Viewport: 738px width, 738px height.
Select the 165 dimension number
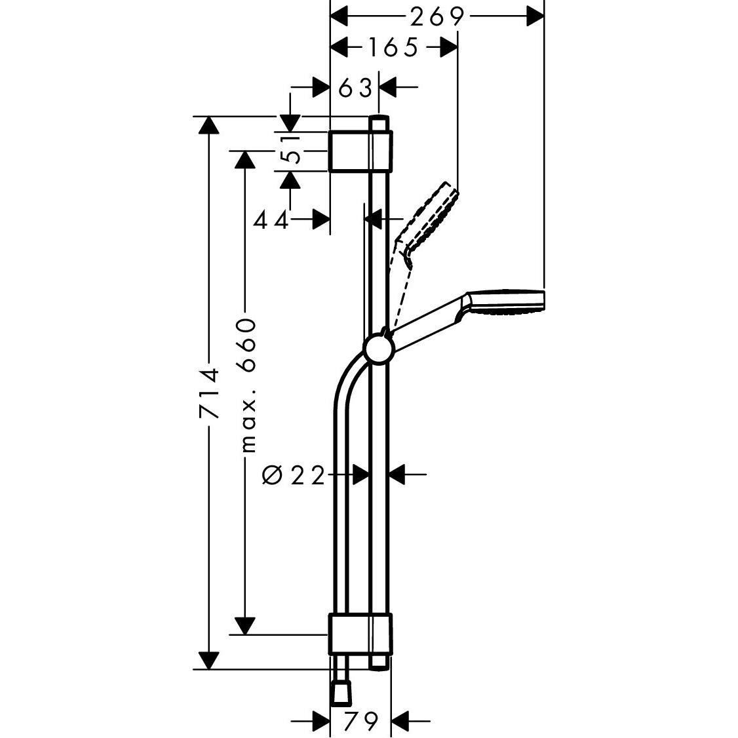(x=393, y=48)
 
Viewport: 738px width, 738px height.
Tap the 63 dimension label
(x=355, y=88)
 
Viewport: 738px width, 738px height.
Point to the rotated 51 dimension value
(x=290, y=149)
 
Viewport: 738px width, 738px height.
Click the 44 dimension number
(x=271, y=220)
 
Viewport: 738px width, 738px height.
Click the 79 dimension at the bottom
(x=362, y=720)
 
